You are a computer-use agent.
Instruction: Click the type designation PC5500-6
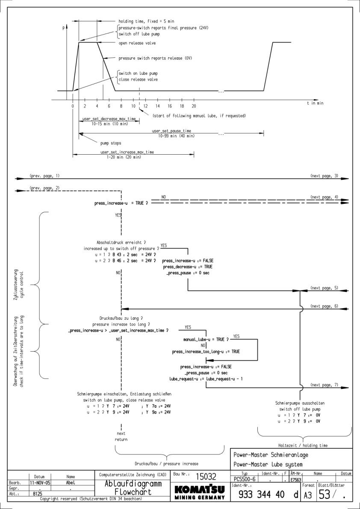[245, 480]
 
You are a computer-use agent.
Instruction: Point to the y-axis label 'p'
[63, 29]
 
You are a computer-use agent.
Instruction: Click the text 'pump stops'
[110, 143]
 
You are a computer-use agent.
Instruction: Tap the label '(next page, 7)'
[324, 385]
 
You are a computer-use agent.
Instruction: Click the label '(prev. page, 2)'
[45, 188]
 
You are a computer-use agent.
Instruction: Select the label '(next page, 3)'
[324, 176]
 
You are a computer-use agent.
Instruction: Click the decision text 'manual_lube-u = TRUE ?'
[206, 339]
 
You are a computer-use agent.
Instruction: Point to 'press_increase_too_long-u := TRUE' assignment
[206, 351]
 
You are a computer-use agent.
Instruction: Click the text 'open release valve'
[137, 43]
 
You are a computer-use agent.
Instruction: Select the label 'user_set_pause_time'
[171, 130]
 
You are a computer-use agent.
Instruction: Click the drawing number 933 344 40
[262, 494]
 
